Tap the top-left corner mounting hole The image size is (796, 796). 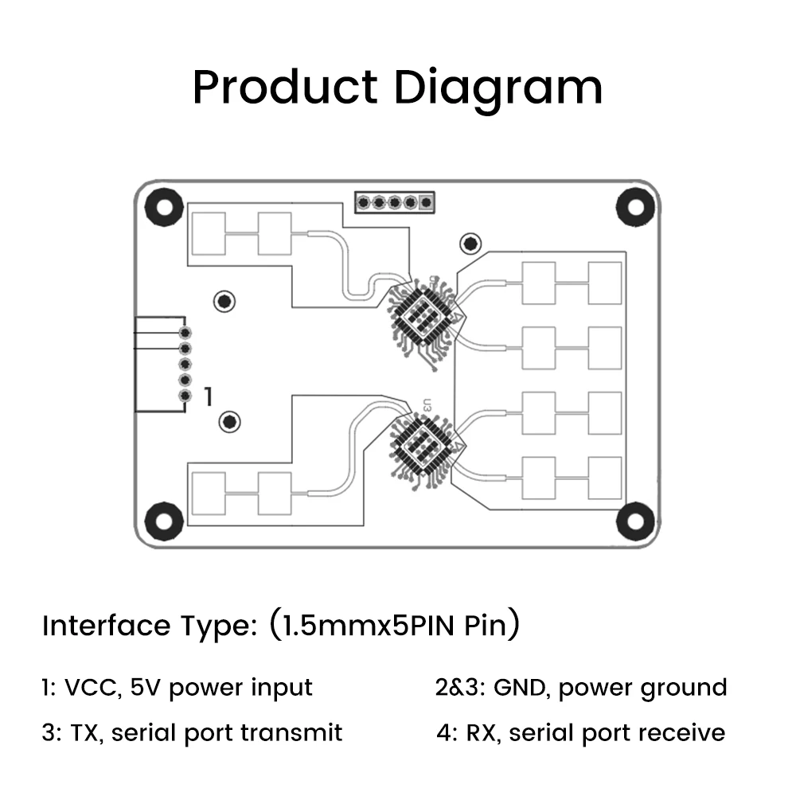pos(163,205)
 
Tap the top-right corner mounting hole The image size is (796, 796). pos(634,205)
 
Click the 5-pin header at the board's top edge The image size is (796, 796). pos(394,203)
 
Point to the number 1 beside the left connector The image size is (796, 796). pos(209,396)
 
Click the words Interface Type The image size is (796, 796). pos(148,626)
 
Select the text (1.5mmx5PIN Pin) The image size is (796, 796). pos(394,626)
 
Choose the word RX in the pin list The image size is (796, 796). pos(480,732)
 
